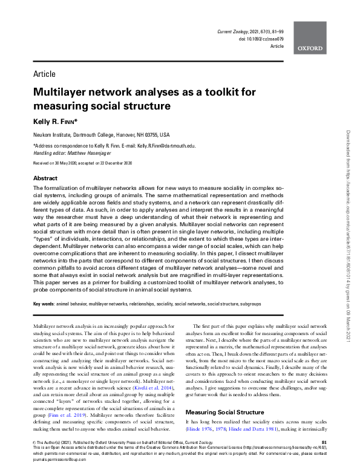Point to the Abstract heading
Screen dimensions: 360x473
[45, 179]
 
